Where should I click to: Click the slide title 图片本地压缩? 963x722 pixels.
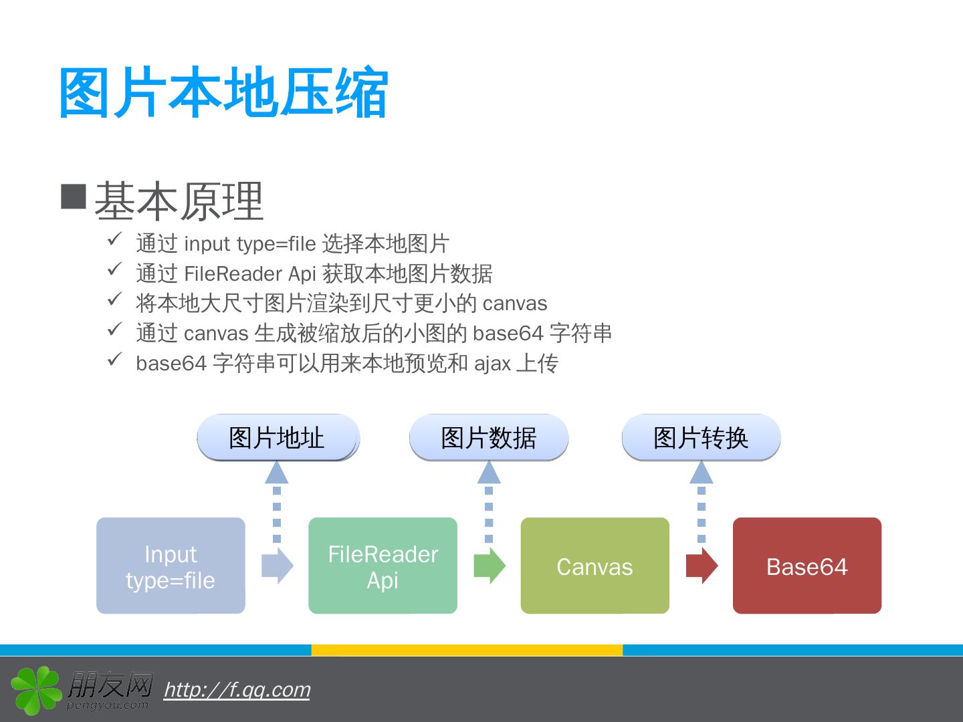tap(223, 93)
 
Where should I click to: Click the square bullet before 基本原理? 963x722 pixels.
tap(74, 196)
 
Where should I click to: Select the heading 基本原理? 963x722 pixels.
tap(179, 201)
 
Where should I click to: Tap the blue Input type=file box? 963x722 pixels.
tap(171, 566)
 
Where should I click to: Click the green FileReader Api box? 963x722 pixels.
tap(383, 566)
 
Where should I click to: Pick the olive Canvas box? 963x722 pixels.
tap(595, 566)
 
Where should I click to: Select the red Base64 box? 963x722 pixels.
tap(807, 566)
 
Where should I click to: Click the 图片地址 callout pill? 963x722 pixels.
tap(278, 438)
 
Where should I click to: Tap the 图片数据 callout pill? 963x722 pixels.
tap(489, 438)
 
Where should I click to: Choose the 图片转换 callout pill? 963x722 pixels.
tap(701, 438)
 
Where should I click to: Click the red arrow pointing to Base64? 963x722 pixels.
tap(702, 566)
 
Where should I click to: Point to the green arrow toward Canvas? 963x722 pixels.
tap(490, 566)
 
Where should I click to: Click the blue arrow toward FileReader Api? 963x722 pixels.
tap(277, 566)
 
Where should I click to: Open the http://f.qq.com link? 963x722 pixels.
tap(237, 689)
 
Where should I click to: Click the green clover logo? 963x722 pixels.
tap(36, 689)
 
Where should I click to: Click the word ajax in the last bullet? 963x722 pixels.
tap(492, 363)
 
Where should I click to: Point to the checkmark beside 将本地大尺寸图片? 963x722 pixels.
tap(114, 299)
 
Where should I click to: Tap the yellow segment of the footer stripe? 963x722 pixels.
tap(467, 650)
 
